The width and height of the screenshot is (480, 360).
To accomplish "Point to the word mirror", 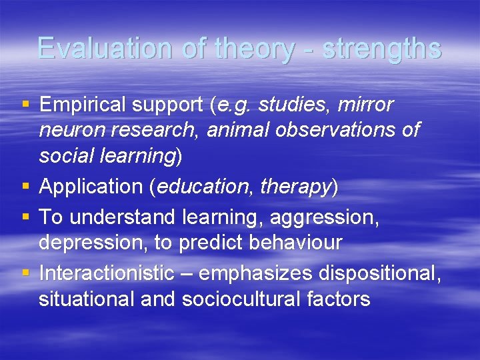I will click(366, 105).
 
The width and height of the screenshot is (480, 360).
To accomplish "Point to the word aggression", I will click(325, 217).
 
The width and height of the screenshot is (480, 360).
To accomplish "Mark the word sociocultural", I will click(253, 299).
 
